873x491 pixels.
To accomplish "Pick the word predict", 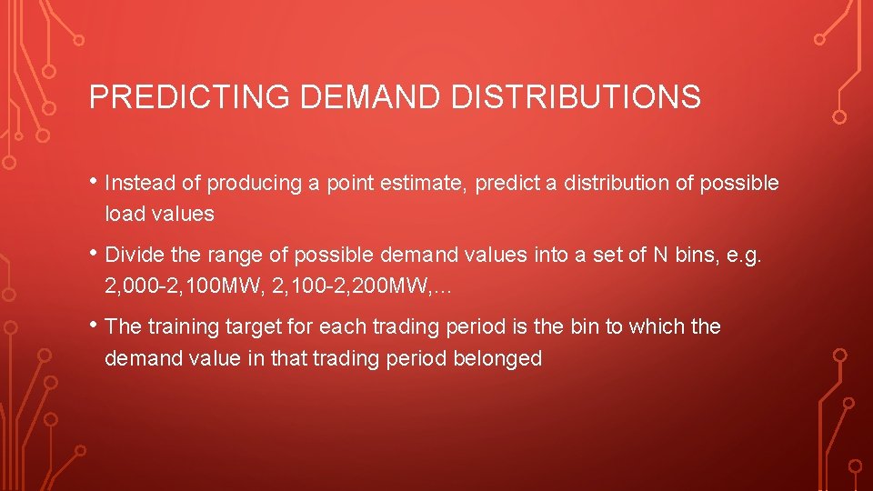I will (513, 183).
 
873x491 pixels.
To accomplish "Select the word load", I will (122, 215).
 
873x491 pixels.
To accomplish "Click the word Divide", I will (134, 256).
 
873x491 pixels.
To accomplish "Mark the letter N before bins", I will (660, 256).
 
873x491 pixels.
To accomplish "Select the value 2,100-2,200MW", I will (342, 287).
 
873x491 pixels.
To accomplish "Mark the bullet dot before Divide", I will (95, 252).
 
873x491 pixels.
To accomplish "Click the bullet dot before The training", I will (95, 323).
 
